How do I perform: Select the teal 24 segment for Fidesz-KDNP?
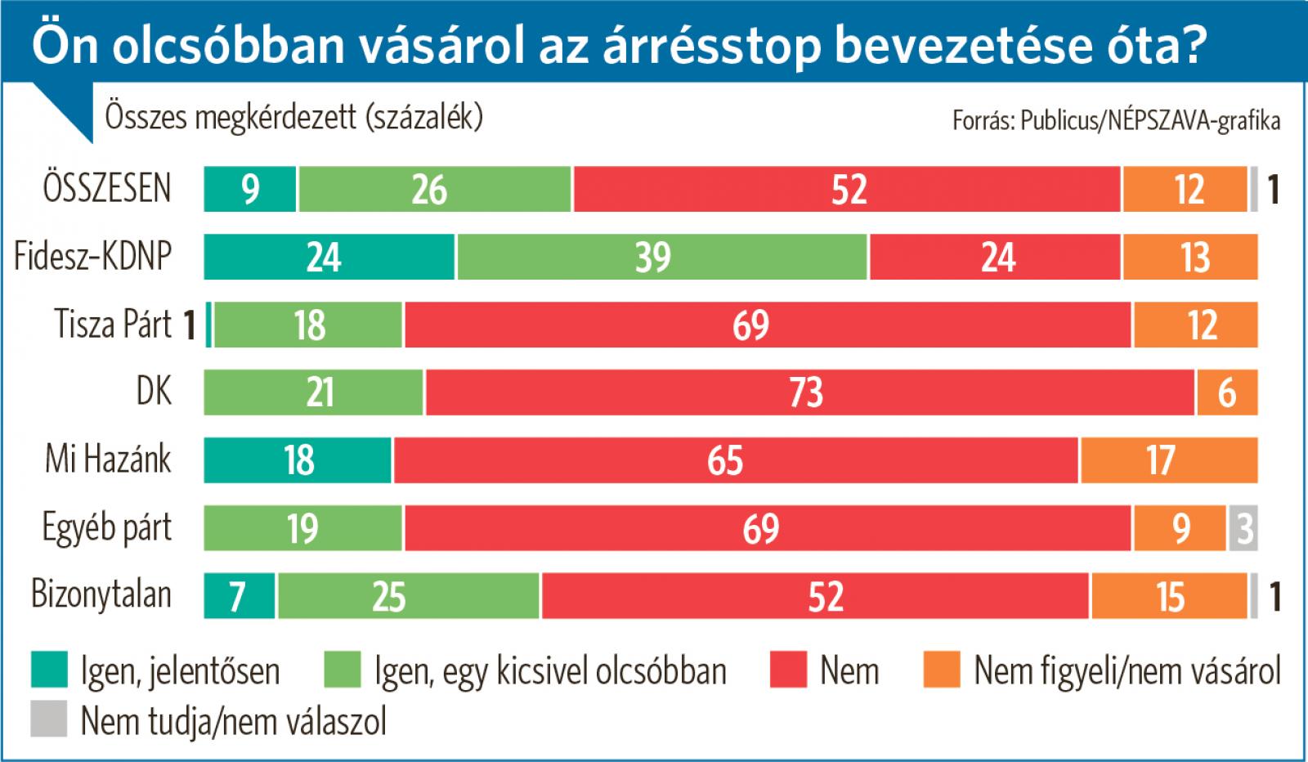coord(329,257)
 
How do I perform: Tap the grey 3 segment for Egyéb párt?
coord(1243,528)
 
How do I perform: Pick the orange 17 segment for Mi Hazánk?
coord(1169,460)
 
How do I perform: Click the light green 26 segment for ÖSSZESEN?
coord(435,189)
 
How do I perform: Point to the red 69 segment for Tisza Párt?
coord(768,325)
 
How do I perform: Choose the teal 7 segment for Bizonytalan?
coord(240,596)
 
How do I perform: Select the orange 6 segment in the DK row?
coord(1227,392)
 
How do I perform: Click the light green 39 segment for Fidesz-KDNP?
coord(662,257)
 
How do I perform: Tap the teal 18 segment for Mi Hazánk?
coord(298,460)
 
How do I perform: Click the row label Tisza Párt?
coord(113,325)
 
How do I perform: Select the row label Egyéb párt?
coord(107,528)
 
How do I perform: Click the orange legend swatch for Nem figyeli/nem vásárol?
coord(942,670)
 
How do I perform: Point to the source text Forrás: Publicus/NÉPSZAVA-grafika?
coord(1116,121)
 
